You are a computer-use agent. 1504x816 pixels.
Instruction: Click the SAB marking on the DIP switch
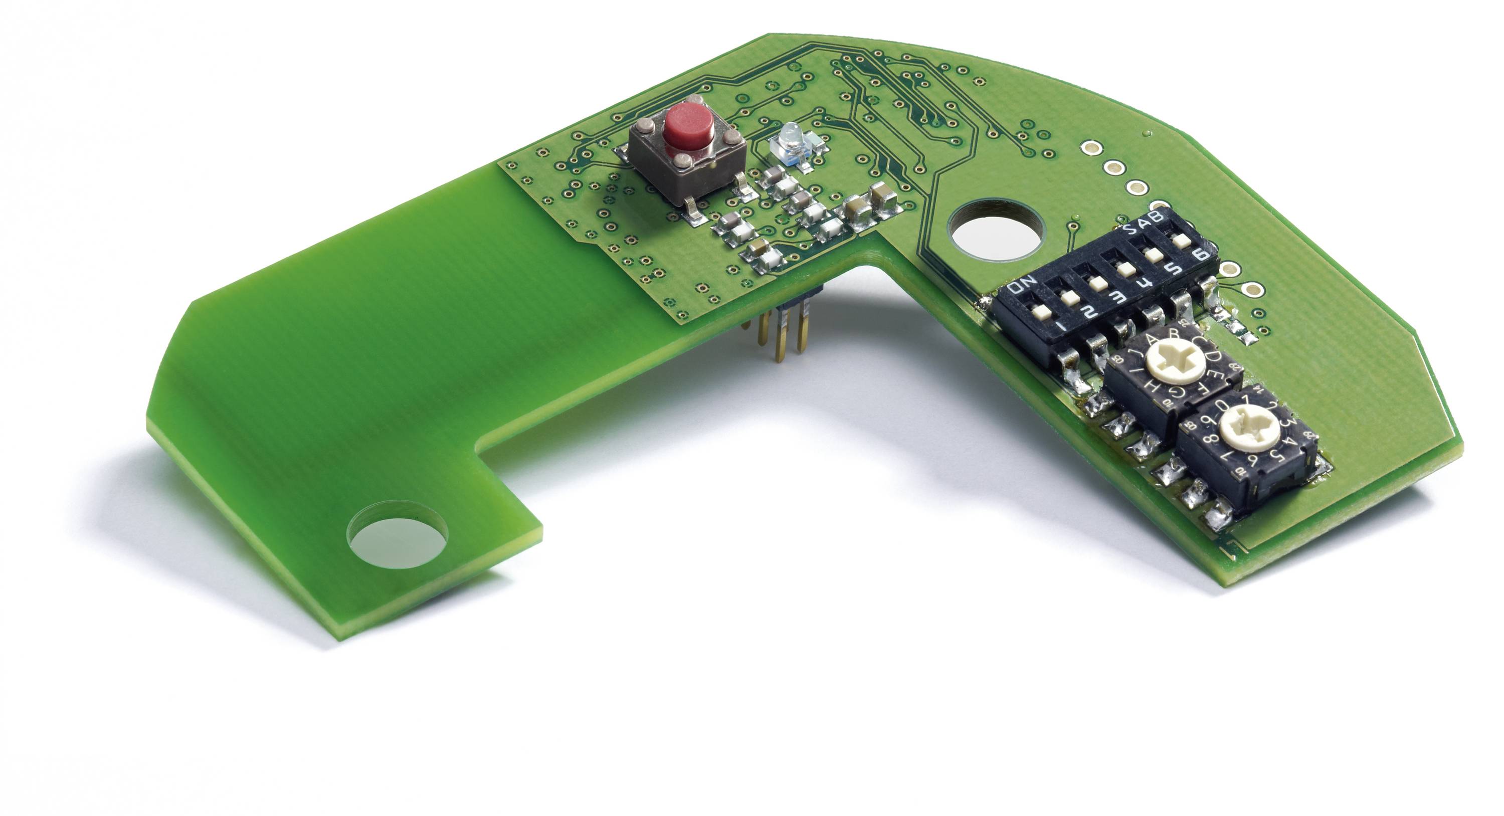pyautogui.click(x=1144, y=225)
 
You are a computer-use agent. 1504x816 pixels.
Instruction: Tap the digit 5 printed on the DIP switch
pyautogui.click(x=1173, y=269)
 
